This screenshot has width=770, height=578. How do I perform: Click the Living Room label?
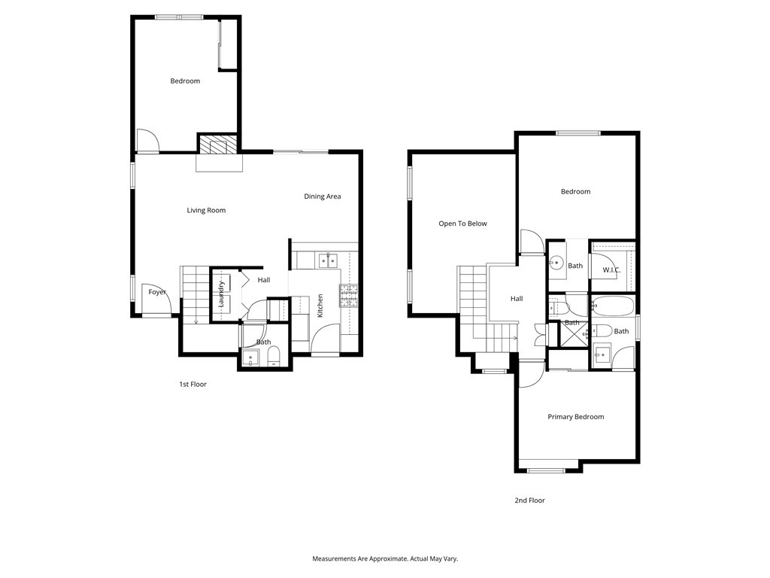coord(206,211)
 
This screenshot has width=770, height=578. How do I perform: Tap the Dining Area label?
coord(322,196)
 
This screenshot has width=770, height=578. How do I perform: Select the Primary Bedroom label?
coord(575,417)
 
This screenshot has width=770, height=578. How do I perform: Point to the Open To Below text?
coord(462,224)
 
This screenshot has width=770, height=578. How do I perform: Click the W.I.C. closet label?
coord(611,269)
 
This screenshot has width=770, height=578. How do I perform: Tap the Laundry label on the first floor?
coord(222,294)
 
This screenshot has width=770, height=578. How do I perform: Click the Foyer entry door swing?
coord(167,304)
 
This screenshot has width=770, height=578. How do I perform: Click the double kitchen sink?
coord(328,261)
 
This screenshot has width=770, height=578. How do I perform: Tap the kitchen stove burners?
coord(349,296)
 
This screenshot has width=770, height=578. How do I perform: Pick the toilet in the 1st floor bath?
coord(273,357)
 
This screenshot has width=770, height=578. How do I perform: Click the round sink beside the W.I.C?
coord(557,263)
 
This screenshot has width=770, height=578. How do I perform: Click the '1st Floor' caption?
coord(192,385)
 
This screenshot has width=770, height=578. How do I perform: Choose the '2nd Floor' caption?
coord(529,500)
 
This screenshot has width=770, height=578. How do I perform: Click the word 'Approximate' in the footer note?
coord(380,559)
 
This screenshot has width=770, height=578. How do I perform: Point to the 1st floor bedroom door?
coord(148,141)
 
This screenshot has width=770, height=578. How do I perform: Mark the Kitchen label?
coord(320,305)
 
